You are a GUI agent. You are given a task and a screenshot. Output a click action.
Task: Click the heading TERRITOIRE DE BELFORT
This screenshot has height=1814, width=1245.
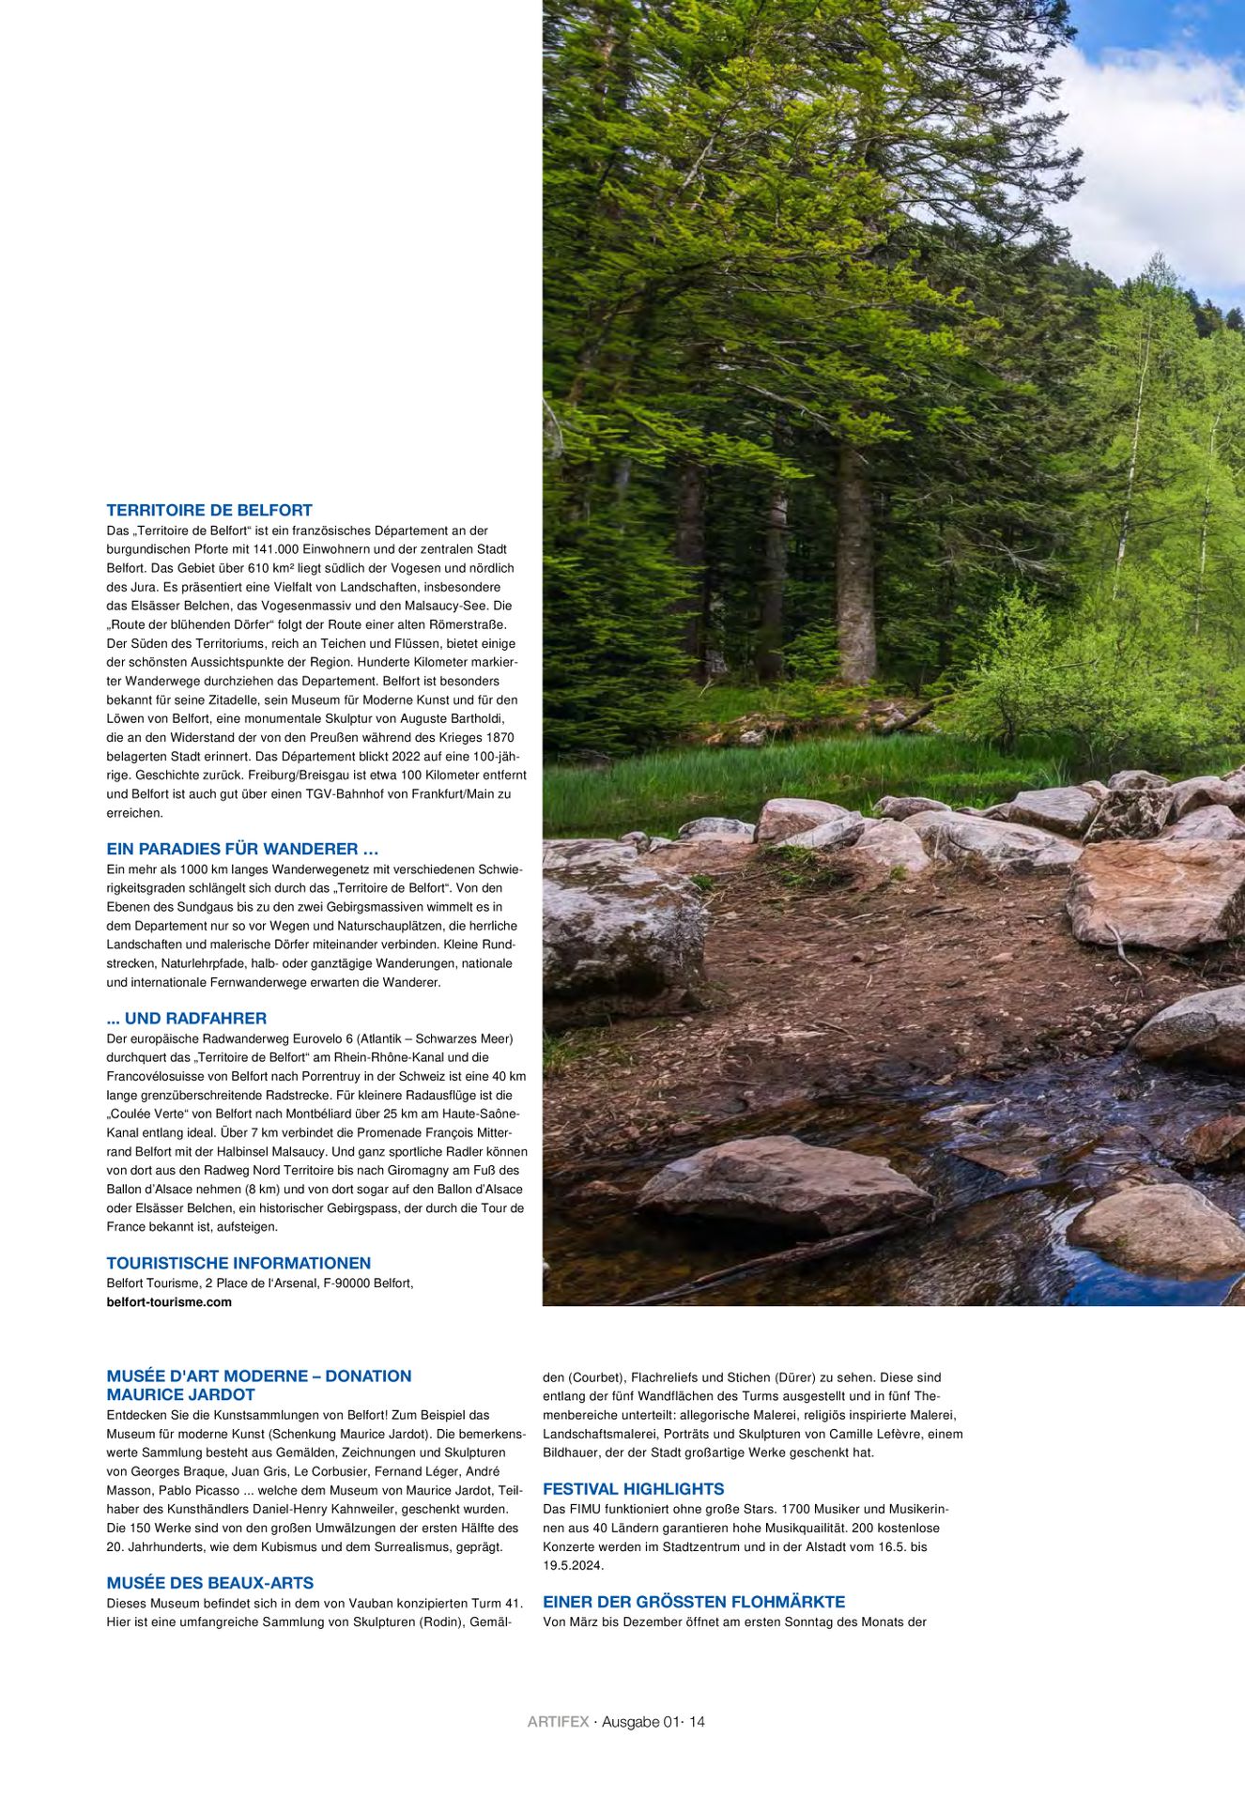click(x=209, y=511)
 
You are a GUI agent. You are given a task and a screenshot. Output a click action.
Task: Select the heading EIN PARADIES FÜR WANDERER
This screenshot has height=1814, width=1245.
click(x=242, y=849)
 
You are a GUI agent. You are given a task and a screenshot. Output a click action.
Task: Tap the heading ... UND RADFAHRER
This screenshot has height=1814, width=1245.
click(x=187, y=1018)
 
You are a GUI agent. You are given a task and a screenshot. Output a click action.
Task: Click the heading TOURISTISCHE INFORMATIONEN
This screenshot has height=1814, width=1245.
click(x=238, y=1263)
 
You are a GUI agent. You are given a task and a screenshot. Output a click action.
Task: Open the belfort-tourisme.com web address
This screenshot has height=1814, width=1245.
click(x=169, y=1302)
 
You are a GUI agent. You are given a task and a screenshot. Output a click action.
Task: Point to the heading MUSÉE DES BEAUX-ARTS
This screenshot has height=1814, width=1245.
click(x=210, y=1583)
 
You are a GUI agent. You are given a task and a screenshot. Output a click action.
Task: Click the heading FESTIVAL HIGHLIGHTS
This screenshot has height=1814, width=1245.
click(x=634, y=1489)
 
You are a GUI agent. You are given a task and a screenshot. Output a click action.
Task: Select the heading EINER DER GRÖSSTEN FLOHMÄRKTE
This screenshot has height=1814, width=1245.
click(x=694, y=1602)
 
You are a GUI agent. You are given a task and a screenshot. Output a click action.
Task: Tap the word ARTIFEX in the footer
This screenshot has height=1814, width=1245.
click(x=558, y=1722)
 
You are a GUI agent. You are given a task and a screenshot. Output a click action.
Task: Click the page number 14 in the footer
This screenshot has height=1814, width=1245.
click(x=697, y=1722)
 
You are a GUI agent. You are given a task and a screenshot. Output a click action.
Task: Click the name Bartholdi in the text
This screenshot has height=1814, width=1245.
click(x=478, y=719)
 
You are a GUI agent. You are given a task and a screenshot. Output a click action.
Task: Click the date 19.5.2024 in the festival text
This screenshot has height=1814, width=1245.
click(x=574, y=1565)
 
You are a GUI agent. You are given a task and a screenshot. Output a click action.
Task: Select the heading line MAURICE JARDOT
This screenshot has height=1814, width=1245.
click(x=181, y=1395)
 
